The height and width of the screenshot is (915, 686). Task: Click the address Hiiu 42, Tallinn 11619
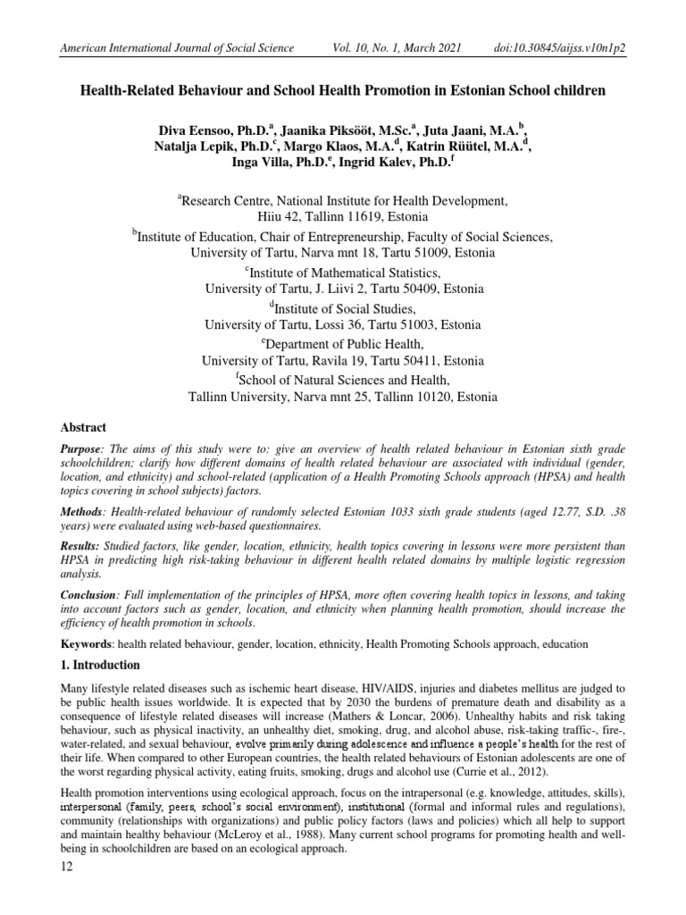(342, 217)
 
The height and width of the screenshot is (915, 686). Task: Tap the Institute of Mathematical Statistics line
(342, 272)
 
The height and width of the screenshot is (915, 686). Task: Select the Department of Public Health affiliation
(342, 344)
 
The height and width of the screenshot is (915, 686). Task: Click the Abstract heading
(83, 428)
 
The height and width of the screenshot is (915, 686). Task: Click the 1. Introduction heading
(101, 666)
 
